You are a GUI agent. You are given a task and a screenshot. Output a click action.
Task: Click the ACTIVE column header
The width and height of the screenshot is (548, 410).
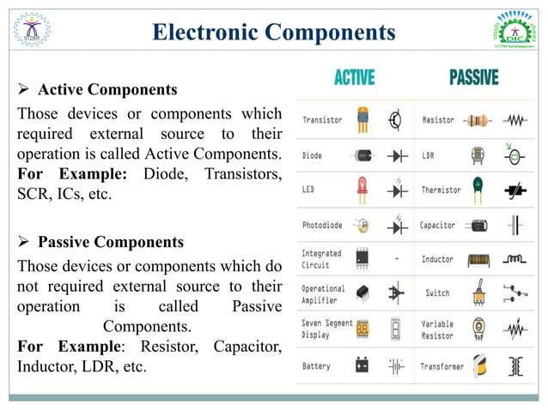pyautogui.click(x=353, y=77)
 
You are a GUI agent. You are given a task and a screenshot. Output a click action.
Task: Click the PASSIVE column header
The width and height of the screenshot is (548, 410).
pyautogui.click(x=473, y=77)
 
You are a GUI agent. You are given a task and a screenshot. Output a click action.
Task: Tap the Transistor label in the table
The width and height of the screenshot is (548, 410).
pyautogui.click(x=322, y=120)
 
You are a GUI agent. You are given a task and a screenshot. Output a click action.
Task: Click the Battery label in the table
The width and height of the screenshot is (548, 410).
pyautogui.click(x=316, y=366)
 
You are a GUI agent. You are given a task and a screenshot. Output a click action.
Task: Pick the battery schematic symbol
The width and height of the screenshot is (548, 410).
pyautogui.click(x=396, y=366)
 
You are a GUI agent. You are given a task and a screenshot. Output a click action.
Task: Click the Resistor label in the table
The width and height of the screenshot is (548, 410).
pyautogui.click(x=438, y=120)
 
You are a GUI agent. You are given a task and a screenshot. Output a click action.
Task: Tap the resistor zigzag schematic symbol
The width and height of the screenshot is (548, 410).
pyautogui.click(x=516, y=120)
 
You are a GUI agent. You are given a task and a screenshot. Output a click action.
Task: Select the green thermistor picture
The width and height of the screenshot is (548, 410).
pyautogui.click(x=478, y=190)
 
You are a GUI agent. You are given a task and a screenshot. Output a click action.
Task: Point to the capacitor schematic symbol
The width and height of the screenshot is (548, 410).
pyautogui.click(x=515, y=226)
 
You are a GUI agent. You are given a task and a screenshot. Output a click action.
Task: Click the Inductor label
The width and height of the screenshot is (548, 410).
pyautogui.click(x=438, y=259)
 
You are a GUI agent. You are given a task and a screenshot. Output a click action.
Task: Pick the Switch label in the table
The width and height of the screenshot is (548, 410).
pyautogui.click(x=437, y=293)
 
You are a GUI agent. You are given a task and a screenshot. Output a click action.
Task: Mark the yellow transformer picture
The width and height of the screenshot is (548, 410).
pyautogui.click(x=478, y=366)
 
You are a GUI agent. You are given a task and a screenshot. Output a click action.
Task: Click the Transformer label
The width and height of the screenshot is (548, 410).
pyautogui.click(x=441, y=366)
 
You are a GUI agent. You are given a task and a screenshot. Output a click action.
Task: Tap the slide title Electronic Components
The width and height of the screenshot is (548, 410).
pyautogui.click(x=273, y=33)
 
